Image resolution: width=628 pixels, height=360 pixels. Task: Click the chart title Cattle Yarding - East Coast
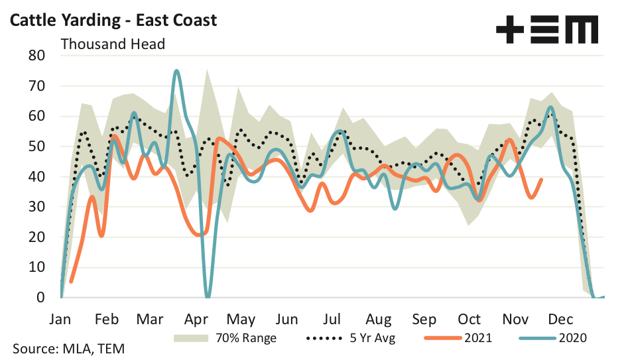coord(112,20)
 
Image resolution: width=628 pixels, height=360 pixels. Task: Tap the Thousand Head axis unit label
coord(113,44)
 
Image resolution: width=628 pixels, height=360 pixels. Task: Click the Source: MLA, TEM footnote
coord(69,348)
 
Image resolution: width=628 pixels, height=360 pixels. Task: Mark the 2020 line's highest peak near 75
coord(176,70)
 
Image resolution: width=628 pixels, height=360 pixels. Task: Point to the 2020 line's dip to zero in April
coord(208,296)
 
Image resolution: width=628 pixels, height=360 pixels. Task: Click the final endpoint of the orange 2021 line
coord(542,179)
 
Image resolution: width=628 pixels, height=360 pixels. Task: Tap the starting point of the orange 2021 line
coord(70,282)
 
